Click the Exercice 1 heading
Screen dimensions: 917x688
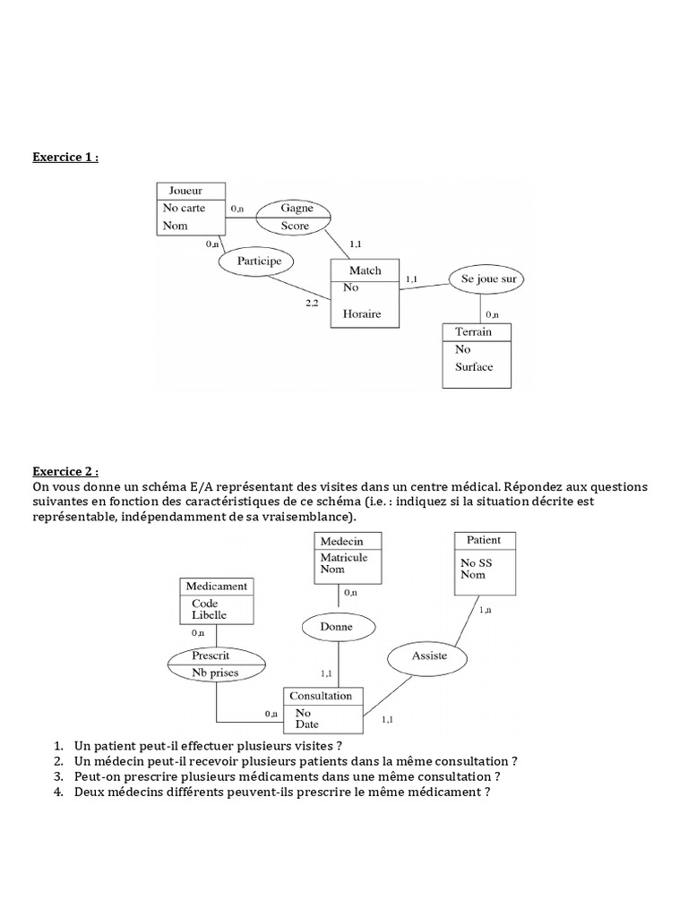pos(65,158)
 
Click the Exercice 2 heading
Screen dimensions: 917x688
pos(65,471)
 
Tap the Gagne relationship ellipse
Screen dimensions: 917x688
pos(296,207)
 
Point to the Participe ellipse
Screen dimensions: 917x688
pos(259,261)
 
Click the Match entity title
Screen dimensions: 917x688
pos(365,270)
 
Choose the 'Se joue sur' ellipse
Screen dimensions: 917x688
pos(487,279)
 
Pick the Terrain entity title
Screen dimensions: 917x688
pos(473,331)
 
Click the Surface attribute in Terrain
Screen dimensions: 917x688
pos(474,366)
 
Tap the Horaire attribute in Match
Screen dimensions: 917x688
pos(363,313)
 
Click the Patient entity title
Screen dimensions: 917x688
pos(484,540)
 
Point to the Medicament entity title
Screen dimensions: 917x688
pos(217,587)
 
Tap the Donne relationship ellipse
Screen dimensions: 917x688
pos(336,628)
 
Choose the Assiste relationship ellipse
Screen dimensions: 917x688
pos(428,656)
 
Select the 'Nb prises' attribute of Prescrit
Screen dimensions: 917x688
pos(218,673)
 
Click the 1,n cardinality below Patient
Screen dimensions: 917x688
pos(485,610)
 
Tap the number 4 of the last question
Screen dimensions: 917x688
pos(58,793)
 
